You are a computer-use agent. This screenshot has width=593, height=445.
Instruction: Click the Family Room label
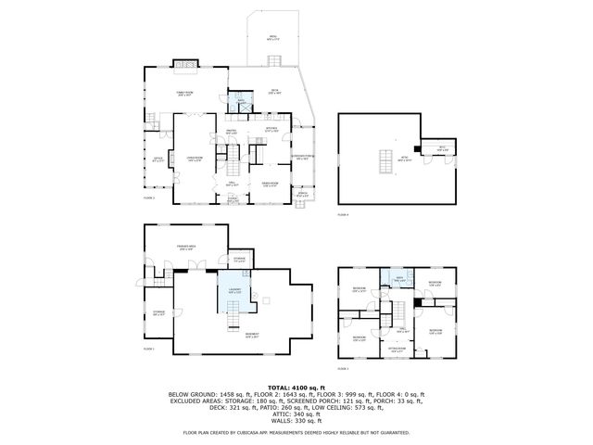[184, 94]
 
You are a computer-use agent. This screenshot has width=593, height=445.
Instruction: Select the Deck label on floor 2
[274, 93]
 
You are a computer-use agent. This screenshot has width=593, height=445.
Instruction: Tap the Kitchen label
[272, 130]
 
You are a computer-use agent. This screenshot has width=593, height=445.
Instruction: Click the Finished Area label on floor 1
[184, 246]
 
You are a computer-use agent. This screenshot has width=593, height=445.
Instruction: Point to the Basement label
[251, 336]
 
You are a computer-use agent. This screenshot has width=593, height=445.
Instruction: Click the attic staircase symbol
[381, 162]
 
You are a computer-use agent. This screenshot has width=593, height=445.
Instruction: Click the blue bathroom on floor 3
[398, 279]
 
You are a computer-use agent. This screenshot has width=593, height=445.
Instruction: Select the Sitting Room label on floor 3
[397, 350]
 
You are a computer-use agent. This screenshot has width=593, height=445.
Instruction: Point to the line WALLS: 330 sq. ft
[296, 422]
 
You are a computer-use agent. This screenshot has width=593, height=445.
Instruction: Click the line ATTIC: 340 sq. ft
[296, 414]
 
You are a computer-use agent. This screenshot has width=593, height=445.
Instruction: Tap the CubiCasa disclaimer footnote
[296, 432]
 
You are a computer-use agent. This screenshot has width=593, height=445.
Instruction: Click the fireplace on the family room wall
[180, 65]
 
